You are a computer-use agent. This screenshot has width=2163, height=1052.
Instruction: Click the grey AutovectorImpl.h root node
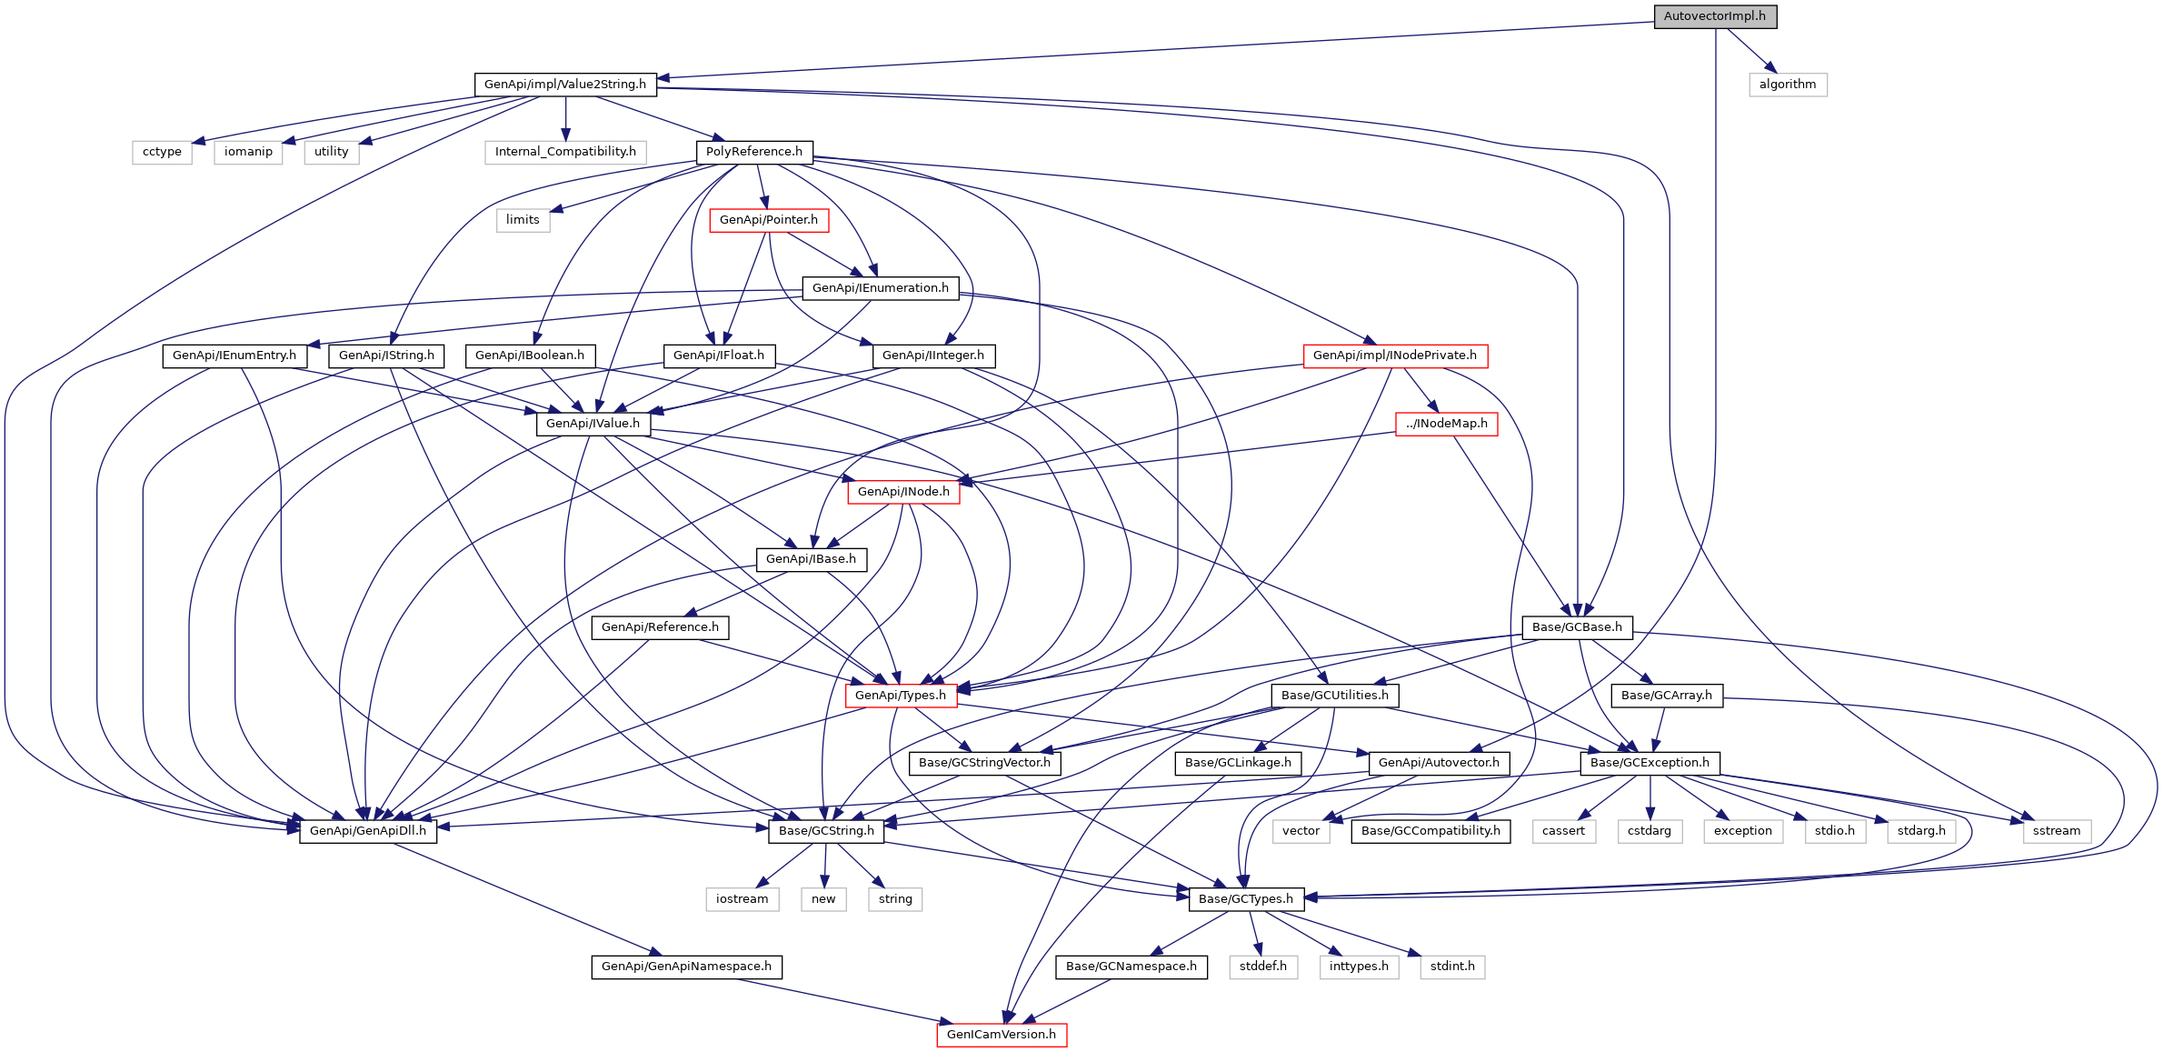[1714, 16]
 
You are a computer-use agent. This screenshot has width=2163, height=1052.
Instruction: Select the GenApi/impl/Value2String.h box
[564, 85]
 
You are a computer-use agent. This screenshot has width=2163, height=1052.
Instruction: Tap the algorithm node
[1787, 85]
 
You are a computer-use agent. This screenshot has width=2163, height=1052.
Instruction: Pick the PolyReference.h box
[753, 152]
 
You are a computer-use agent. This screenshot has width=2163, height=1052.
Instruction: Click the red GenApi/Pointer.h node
[768, 220]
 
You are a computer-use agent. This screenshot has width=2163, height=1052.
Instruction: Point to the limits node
[523, 220]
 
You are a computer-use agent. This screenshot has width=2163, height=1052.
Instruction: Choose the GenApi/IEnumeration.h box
[880, 288]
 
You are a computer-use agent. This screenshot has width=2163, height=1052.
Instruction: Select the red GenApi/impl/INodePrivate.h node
[1394, 356]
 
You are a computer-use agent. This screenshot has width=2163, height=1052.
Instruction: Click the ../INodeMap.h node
[1446, 424]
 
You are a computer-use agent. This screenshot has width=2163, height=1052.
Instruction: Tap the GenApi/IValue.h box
[593, 424]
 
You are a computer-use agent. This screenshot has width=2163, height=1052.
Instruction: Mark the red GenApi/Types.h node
[900, 696]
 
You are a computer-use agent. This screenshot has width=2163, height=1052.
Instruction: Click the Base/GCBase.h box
[1576, 627]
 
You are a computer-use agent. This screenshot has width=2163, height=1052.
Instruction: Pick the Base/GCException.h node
[1649, 763]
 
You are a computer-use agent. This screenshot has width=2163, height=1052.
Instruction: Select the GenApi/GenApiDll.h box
[367, 831]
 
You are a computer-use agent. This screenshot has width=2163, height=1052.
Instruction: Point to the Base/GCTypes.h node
[1245, 899]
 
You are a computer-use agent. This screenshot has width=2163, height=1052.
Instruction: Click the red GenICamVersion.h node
[1001, 1035]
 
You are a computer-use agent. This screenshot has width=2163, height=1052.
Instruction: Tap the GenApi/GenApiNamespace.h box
[686, 967]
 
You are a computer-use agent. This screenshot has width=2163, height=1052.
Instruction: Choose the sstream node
[2056, 831]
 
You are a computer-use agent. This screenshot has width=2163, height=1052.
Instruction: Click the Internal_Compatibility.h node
[565, 152]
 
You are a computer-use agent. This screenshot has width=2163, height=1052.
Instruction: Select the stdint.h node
[1451, 967]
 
